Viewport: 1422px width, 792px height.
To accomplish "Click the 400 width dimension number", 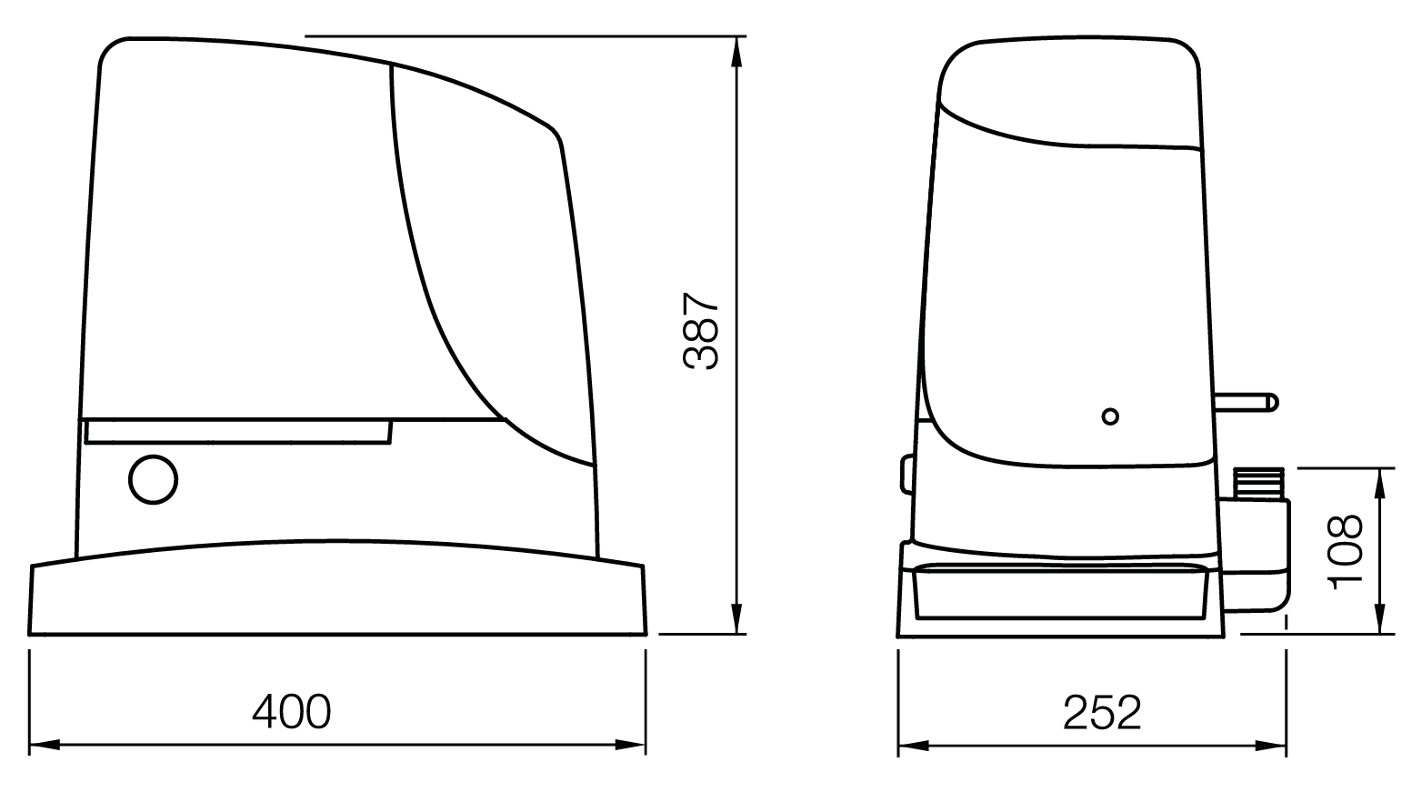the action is [291, 712].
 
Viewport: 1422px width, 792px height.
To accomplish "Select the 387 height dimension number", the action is [701, 331].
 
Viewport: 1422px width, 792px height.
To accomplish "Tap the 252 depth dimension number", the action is [1102, 712].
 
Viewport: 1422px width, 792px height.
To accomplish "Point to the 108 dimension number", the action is [1346, 552].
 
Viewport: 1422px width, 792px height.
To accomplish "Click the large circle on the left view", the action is [153, 479].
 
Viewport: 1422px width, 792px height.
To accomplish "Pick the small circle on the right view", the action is [1110, 416].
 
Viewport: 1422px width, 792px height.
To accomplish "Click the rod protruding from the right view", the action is [1246, 403].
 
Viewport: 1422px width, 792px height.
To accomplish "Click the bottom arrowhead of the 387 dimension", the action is [736, 618].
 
